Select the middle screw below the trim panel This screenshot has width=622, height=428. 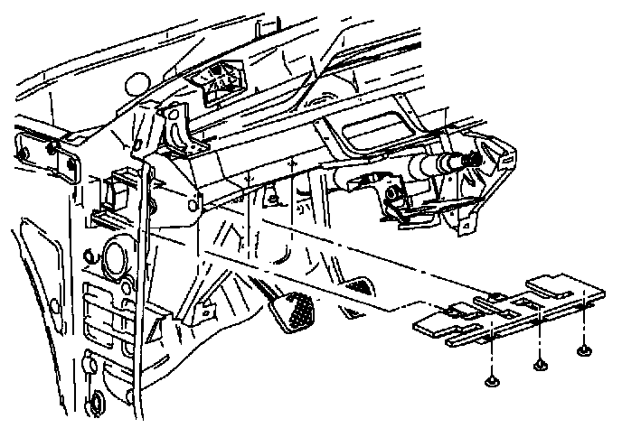coord(541,364)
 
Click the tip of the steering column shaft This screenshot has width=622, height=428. coord(470,159)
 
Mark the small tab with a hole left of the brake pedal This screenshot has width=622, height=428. coord(205,312)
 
